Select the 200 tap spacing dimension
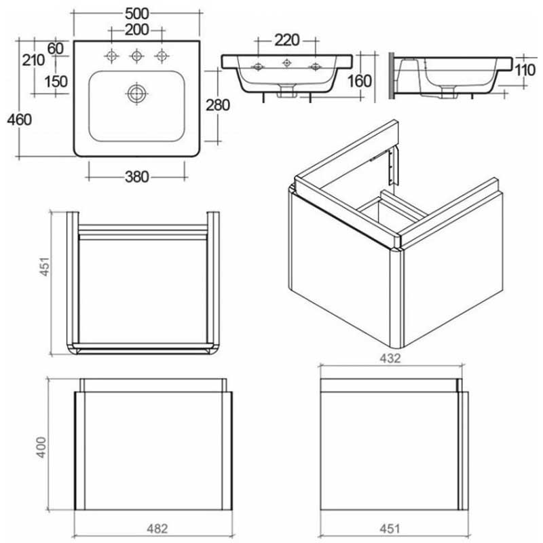coord(137,31)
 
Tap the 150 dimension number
coord(56,81)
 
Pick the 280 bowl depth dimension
coord(218,105)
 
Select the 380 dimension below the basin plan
coord(136,177)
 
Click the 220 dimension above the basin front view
coord(286,40)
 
